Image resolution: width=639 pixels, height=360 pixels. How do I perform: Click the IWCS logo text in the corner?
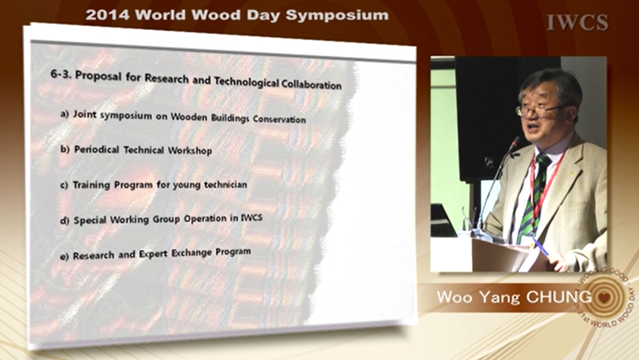[578, 23]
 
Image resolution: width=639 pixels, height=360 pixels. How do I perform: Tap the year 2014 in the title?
[108, 15]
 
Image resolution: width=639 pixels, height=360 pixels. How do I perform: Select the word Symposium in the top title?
[337, 16]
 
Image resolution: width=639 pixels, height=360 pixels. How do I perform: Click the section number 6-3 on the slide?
[61, 74]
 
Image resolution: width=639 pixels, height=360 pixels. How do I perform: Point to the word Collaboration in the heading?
[312, 85]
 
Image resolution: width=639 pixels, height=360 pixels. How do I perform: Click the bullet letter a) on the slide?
[65, 114]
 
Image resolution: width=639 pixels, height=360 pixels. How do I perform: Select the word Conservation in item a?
[279, 119]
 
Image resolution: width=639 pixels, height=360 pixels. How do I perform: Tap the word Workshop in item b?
[190, 151]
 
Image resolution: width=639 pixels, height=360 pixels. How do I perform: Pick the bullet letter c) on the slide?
[64, 185]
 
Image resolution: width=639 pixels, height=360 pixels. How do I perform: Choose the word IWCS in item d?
[251, 218]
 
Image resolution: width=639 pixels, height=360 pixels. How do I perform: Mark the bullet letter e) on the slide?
[64, 256]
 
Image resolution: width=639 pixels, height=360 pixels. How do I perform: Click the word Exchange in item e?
[191, 253]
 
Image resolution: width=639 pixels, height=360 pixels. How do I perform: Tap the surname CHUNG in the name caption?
[559, 297]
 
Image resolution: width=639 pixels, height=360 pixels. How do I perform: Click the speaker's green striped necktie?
[534, 192]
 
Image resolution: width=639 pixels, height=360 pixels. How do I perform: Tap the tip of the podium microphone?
[517, 140]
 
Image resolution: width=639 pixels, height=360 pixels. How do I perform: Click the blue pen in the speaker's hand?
[541, 246]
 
